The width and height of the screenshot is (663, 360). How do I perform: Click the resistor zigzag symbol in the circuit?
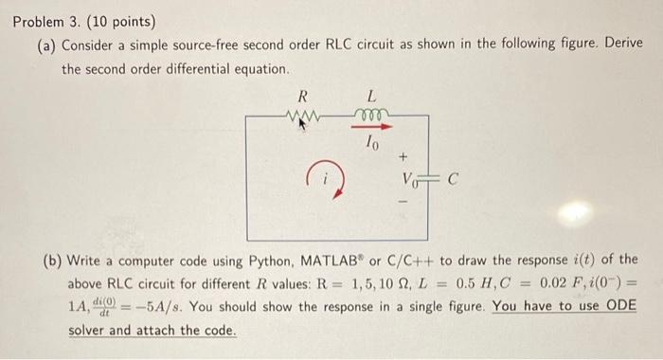click(304, 118)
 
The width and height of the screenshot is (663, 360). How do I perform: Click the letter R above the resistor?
click(302, 96)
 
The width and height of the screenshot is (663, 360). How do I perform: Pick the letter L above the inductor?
click(371, 96)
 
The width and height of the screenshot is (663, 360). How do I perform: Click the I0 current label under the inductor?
click(373, 143)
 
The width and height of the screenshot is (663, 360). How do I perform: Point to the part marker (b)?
click(48, 259)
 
